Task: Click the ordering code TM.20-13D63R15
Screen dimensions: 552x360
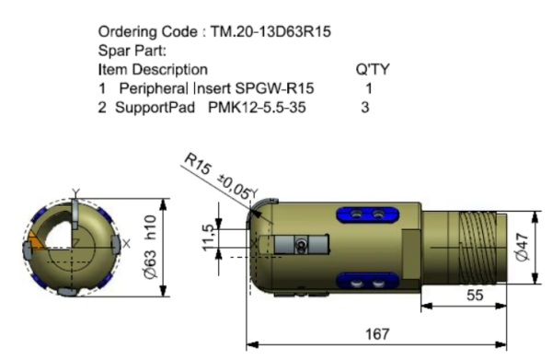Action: (270, 31)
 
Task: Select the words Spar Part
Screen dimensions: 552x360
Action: (131, 51)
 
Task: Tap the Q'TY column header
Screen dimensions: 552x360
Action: (373, 69)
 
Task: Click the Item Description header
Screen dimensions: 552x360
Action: (153, 70)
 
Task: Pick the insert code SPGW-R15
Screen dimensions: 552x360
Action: (274, 88)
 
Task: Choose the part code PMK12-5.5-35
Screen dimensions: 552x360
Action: (257, 107)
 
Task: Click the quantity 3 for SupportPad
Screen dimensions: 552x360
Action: (365, 107)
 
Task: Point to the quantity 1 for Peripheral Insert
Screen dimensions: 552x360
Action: (369, 88)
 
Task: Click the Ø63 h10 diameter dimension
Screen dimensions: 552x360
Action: (150, 247)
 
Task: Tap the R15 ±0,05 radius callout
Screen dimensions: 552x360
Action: (218, 175)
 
